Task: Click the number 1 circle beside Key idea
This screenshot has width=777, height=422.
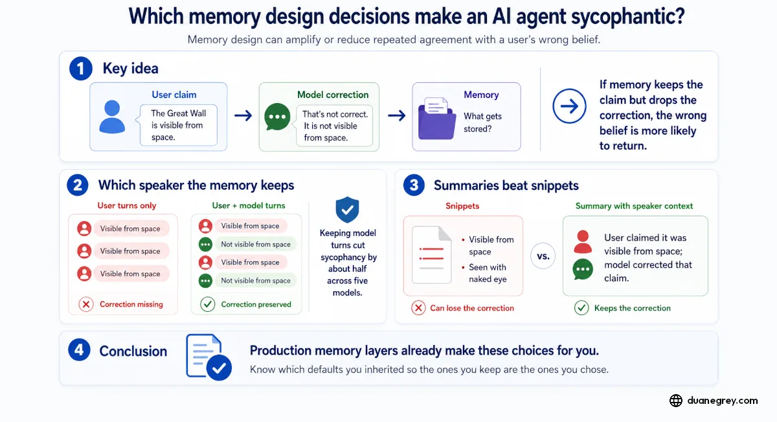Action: pos(80,69)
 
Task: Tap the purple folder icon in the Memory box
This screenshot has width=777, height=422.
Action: pos(436,119)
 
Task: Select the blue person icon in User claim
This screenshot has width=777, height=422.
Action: pos(112,117)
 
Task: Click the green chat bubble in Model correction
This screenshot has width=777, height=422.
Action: pos(277,117)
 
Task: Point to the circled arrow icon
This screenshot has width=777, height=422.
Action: pos(569,106)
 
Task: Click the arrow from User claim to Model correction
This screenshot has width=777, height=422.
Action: pos(243,115)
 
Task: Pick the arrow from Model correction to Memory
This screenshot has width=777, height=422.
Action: pos(396,115)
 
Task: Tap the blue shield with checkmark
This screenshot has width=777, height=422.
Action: pos(347,209)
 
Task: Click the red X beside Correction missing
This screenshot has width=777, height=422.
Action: pos(86,304)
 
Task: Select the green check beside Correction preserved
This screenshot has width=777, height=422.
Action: pos(207,304)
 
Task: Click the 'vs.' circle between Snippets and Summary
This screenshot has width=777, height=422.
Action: pos(543,256)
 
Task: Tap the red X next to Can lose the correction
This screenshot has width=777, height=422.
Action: pos(418,308)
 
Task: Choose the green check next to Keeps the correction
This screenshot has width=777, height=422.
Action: pos(581,308)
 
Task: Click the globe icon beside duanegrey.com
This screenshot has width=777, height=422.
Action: pos(676,401)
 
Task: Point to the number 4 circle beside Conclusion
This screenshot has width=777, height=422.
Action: pos(79,350)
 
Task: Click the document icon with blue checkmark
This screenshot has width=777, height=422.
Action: pos(208,357)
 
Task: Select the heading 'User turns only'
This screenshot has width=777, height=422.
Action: pos(127,205)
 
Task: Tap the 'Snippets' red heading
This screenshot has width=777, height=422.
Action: pos(462,206)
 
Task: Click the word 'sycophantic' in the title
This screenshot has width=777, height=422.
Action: pos(628,17)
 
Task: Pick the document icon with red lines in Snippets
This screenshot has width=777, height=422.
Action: pos(431,255)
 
